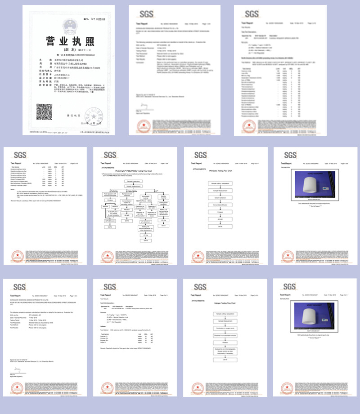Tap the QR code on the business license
pyautogui.click(x=45, y=111)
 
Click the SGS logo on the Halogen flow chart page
pyautogui.click(x=200, y=287)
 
